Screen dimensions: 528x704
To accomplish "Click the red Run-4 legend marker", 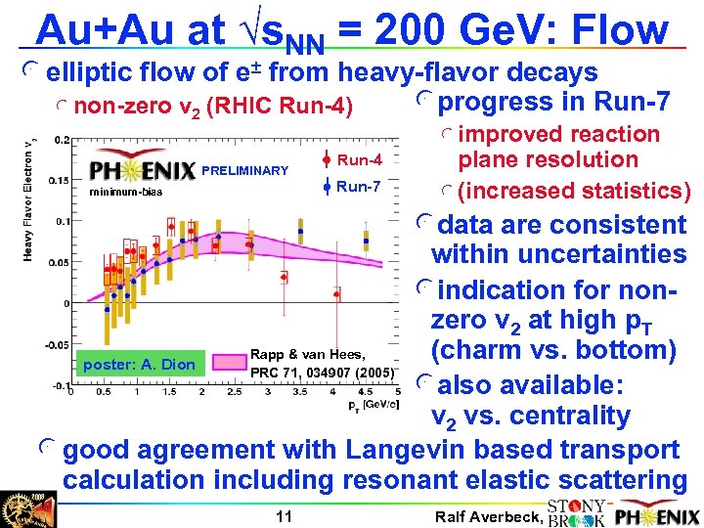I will point(324,159).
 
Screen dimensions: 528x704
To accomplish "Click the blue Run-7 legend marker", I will point(324,186).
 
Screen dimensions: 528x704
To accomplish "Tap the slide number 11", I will point(284,514).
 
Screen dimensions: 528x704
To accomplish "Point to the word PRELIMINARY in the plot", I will point(244,171).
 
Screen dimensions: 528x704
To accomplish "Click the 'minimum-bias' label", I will point(126,192).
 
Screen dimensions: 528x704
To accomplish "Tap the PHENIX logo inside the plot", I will point(142,171).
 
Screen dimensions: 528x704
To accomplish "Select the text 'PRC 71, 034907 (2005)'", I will point(322,373).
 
